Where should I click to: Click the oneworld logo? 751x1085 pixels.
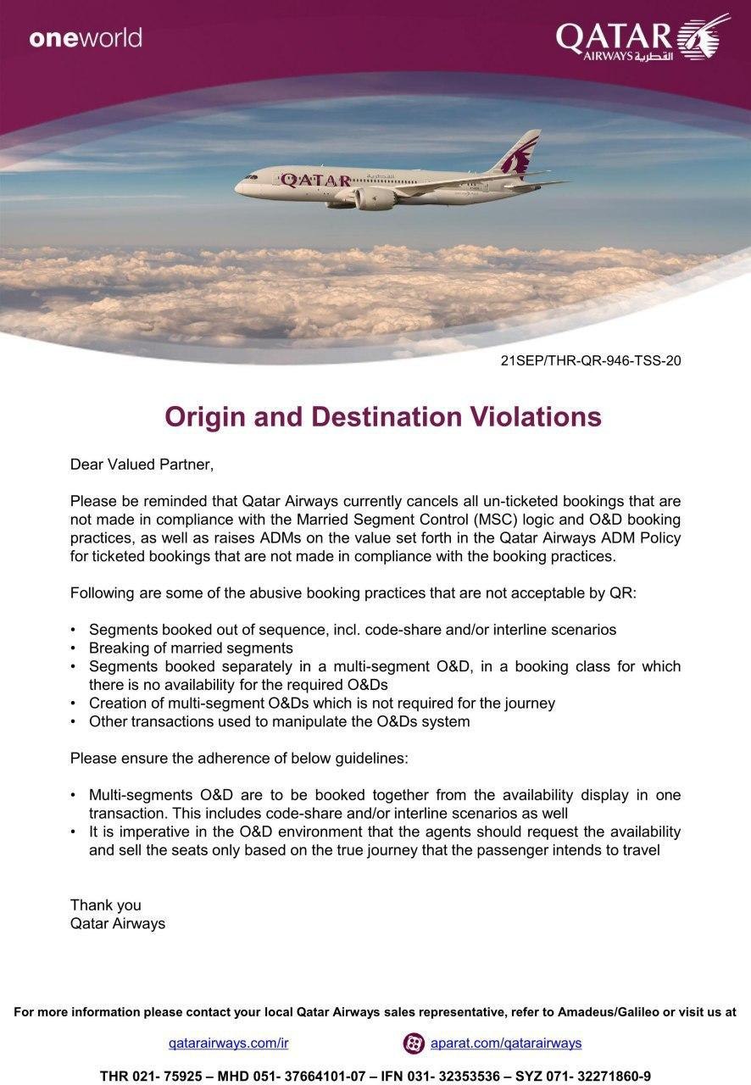pos(86,38)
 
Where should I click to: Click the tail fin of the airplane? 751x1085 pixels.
pos(520,152)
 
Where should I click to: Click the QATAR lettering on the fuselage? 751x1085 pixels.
pos(315,181)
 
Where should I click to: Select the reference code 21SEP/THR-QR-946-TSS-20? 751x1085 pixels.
pos(591,360)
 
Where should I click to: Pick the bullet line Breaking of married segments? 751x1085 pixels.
pos(191,648)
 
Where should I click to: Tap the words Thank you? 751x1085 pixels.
pos(106,905)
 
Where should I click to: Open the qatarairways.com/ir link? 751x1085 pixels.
pos(222,1043)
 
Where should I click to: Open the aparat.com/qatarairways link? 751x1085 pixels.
pos(505,1043)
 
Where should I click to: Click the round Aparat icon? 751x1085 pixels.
pos(414,1043)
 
